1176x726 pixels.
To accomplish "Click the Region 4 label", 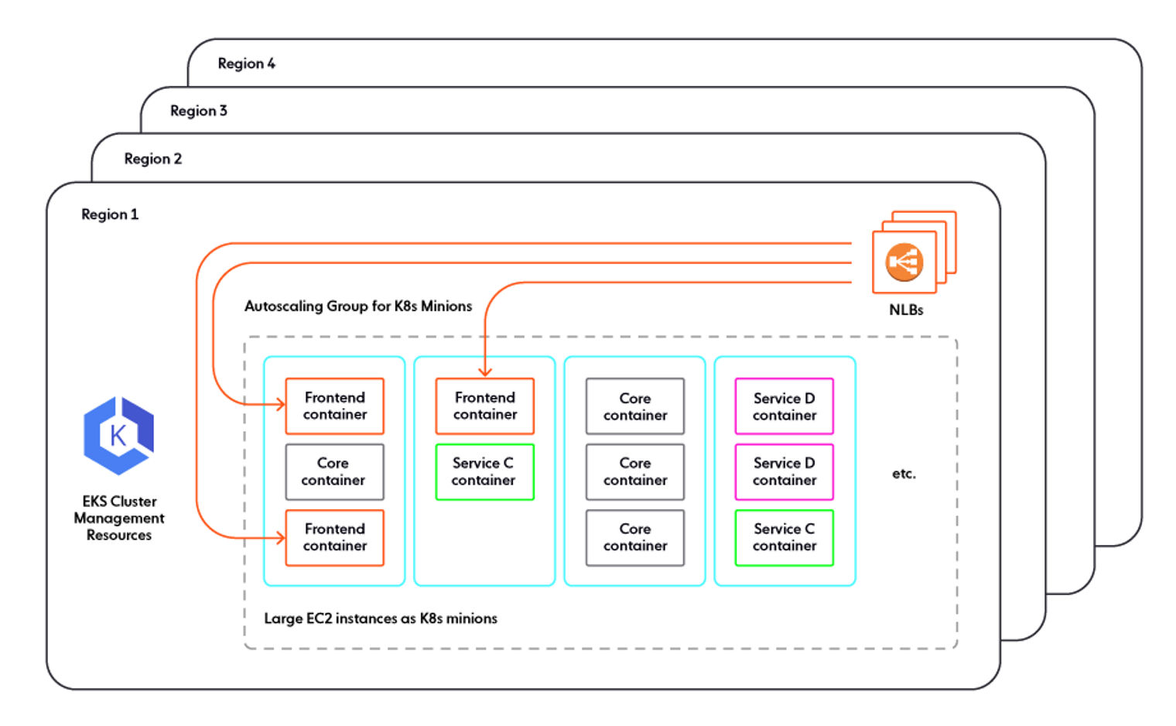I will (246, 63).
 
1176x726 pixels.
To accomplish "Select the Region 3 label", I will (199, 111).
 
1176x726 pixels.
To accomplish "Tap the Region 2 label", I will (152, 159).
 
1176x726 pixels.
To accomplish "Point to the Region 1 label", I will (110, 214).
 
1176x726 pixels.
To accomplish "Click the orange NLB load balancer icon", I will (904, 262).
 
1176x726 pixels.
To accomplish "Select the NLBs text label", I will (905, 310).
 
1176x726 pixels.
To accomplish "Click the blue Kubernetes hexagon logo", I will (118, 435).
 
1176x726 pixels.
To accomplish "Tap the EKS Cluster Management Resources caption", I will (119, 518).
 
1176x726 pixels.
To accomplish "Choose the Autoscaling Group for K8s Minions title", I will (357, 306).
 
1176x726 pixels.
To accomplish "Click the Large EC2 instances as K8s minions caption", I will (380, 618).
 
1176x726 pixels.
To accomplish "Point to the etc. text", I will (903, 474).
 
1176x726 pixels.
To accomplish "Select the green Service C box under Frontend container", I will (484, 471).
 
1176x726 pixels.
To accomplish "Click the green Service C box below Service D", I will (784, 537).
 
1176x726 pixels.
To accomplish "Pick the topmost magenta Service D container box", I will (784, 406).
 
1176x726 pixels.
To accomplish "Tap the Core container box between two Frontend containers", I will (334, 471).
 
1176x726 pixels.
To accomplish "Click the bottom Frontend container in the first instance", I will (334, 537).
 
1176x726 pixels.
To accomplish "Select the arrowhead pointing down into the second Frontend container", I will (485, 372).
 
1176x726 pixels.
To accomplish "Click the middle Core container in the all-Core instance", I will (634, 471).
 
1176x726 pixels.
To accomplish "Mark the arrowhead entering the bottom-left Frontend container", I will (280, 537).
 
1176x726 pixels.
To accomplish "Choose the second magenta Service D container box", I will (784, 471).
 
